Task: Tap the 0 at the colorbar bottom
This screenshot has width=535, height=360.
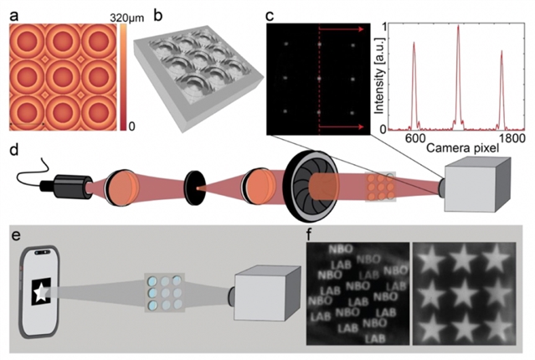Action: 130,126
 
